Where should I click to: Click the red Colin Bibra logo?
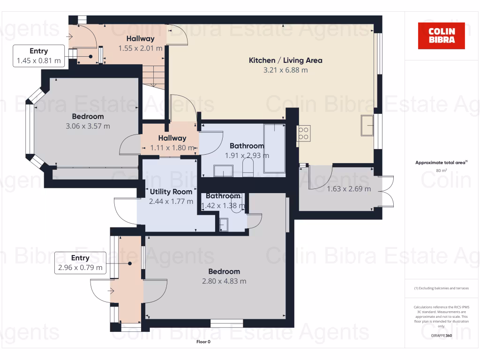pos(441,36)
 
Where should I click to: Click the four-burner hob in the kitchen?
pos(303,133)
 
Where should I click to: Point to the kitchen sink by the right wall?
pos(367,125)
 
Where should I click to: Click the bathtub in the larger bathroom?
pos(274,148)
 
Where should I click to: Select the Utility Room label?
pos(171,192)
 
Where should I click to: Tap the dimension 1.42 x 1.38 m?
pos(223,205)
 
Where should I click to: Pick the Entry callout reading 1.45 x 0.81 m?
pos(39,56)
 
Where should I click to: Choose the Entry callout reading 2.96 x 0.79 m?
pos(80,263)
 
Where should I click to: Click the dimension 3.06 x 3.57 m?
pos(88,126)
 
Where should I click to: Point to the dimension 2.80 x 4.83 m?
pos(224,281)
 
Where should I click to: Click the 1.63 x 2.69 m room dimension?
pos(349,189)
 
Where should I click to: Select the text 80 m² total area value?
pos(441,171)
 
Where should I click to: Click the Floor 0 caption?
pos(203,342)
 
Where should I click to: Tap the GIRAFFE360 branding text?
pos(442,336)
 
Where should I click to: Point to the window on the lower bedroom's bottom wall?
pos(226,323)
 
